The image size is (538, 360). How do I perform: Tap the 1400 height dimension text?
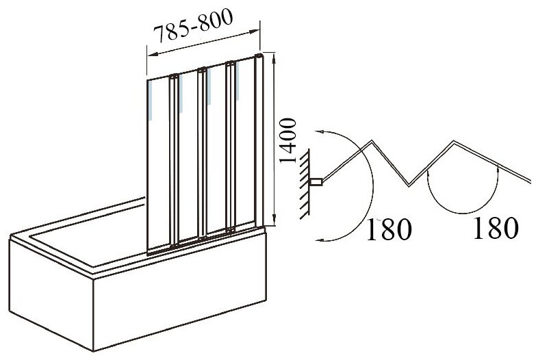[x=287, y=142]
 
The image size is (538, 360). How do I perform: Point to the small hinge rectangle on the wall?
[x=316, y=182]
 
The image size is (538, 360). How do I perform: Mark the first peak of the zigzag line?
[x=372, y=142]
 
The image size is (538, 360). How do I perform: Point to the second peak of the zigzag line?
[x=455, y=142]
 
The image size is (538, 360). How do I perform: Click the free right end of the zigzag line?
[x=530, y=181]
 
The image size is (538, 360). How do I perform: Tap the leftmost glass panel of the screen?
[x=159, y=164]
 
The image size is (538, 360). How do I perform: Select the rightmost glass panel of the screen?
[x=245, y=144]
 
